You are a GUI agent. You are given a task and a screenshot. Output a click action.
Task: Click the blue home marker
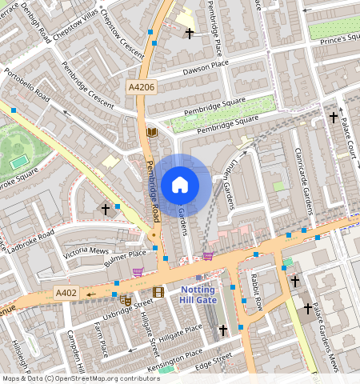point(180,185)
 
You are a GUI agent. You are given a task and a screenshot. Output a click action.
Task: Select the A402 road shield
point(66,293)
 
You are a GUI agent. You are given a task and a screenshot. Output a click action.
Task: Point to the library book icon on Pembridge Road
point(152,132)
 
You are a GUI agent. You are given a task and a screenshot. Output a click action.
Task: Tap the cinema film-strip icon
point(158,292)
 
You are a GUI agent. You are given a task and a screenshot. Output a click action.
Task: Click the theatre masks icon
point(125,300)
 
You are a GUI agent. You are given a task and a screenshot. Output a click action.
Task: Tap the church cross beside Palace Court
point(334,118)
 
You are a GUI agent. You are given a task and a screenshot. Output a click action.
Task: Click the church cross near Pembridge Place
point(190,34)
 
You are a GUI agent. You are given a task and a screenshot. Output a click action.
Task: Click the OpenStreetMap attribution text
point(80,378)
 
